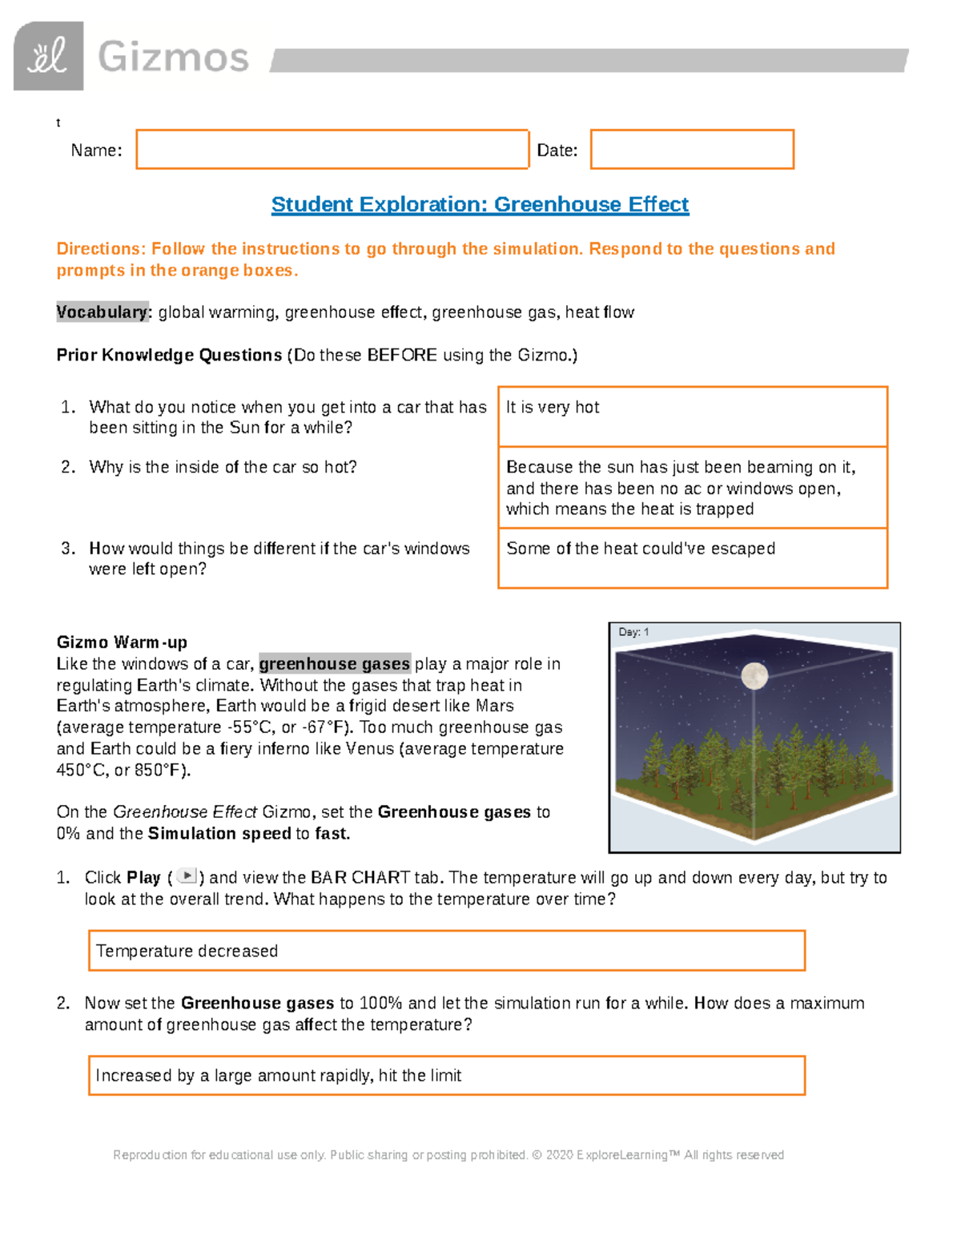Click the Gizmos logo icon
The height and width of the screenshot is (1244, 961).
point(48,56)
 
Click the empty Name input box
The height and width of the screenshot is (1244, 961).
point(332,150)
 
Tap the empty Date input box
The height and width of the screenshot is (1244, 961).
point(692,150)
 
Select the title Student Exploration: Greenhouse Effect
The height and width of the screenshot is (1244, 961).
point(480,204)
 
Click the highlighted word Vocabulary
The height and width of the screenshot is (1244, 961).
point(103,312)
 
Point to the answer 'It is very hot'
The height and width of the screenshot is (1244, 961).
point(553,408)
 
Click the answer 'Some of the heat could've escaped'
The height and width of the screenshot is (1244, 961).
point(641,549)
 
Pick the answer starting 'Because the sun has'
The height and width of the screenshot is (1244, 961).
point(681,488)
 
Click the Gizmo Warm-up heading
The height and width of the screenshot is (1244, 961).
point(122,642)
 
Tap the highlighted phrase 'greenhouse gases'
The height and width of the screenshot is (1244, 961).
point(335,664)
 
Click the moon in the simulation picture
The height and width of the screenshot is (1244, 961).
point(754,676)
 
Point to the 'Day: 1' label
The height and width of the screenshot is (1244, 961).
point(633,632)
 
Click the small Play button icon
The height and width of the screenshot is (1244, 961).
point(186,876)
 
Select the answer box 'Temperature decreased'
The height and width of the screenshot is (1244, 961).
point(446,951)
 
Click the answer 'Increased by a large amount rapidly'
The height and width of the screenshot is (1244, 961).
point(278,1076)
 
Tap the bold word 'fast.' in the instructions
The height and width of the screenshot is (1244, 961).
point(332,834)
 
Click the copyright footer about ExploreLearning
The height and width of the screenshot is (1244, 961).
point(448,1155)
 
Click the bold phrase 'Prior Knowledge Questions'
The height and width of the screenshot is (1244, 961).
point(169,356)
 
